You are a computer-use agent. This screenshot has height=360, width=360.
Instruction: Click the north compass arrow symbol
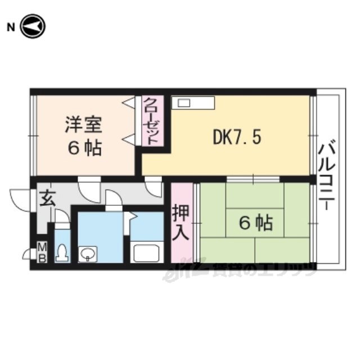click(33, 26)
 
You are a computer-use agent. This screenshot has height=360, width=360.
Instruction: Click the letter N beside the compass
click(11, 28)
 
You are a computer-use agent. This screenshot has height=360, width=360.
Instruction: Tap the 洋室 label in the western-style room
click(84, 125)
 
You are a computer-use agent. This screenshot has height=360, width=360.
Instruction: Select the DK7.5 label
click(237, 137)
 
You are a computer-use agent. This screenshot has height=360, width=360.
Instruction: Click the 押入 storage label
click(181, 222)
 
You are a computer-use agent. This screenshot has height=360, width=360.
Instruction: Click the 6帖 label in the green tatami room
click(256, 223)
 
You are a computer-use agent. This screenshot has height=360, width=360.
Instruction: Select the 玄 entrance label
click(47, 199)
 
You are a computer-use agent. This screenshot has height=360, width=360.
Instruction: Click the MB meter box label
click(42, 253)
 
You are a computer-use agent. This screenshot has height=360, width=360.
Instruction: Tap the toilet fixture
click(62, 253)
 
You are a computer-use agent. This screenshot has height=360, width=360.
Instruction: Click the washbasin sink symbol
click(88, 254)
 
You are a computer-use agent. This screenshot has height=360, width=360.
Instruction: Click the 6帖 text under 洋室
click(84, 148)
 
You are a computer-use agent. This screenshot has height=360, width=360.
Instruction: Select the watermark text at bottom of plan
click(238, 272)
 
